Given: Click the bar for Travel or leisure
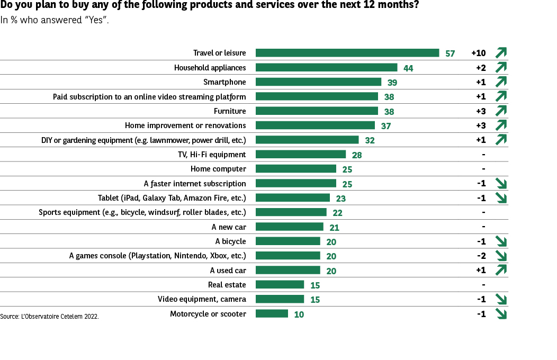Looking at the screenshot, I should pos(347,53).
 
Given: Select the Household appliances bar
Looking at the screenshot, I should pos(326,67).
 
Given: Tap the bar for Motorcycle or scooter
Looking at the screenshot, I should pos(272,313).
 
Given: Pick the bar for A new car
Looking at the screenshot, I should pos(289,227).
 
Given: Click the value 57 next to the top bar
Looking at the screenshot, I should pos(450,53).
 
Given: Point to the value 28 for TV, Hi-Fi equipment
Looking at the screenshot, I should pos(357,155).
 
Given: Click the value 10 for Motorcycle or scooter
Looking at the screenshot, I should pos(299,314).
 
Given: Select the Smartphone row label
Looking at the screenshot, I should pos(224,82).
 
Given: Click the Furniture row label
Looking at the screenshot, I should pos(230,111).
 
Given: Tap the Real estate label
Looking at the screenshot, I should pos(227,285).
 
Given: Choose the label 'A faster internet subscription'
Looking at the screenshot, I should pos(195,184).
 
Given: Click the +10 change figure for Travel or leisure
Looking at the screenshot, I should pos(478,53).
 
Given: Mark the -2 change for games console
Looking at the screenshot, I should pos(481,256).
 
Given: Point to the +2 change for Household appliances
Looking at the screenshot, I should pos(481,67).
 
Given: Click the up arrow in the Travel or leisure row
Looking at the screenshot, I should pos(501,52).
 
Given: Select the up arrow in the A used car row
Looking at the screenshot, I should pos(501,270).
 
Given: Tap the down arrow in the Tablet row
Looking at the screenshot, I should pos(501,198).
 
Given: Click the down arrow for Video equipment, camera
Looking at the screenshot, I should pos(501,299).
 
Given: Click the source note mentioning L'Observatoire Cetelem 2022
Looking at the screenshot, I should pos(49,316).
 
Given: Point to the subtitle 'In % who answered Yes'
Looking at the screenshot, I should pos(55,21).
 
